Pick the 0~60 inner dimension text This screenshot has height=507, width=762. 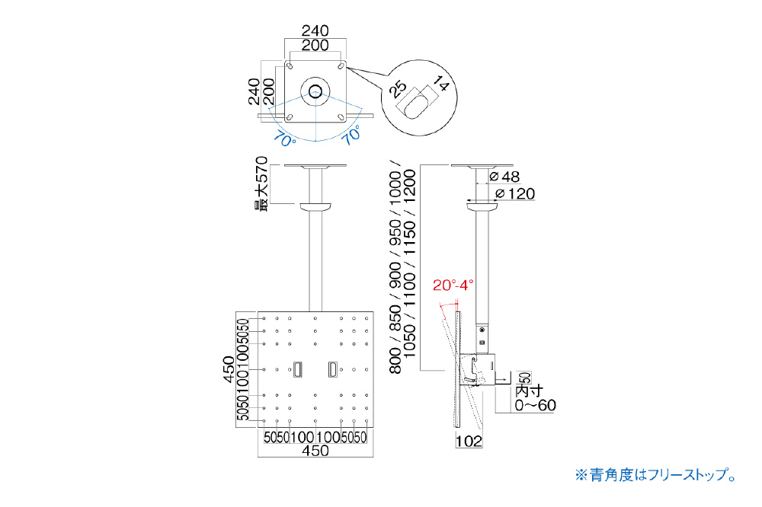[535, 404]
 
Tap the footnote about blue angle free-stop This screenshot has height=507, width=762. [655, 475]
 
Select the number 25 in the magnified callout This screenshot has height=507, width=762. [398, 90]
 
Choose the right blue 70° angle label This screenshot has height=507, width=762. [351, 137]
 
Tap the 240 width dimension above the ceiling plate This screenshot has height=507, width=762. [315, 31]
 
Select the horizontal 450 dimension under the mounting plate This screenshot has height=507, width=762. [315, 451]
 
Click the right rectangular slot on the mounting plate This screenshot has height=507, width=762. [333, 370]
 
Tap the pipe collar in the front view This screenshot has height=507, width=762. [315, 206]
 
